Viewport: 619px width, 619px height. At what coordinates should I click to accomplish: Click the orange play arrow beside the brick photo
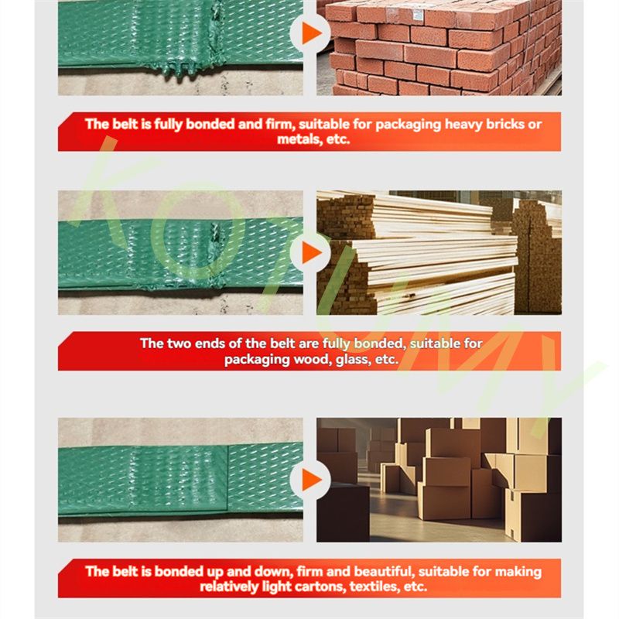tap(311, 32)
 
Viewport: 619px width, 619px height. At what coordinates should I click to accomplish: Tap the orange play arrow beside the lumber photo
tap(311, 253)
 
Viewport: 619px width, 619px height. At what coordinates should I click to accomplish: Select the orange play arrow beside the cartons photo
tap(311, 480)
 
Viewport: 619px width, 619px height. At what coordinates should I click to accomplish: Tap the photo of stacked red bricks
tap(439, 47)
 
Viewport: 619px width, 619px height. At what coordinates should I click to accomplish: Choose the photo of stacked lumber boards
tap(439, 253)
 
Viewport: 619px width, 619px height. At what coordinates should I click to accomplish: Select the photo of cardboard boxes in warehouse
tap(439, 480)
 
